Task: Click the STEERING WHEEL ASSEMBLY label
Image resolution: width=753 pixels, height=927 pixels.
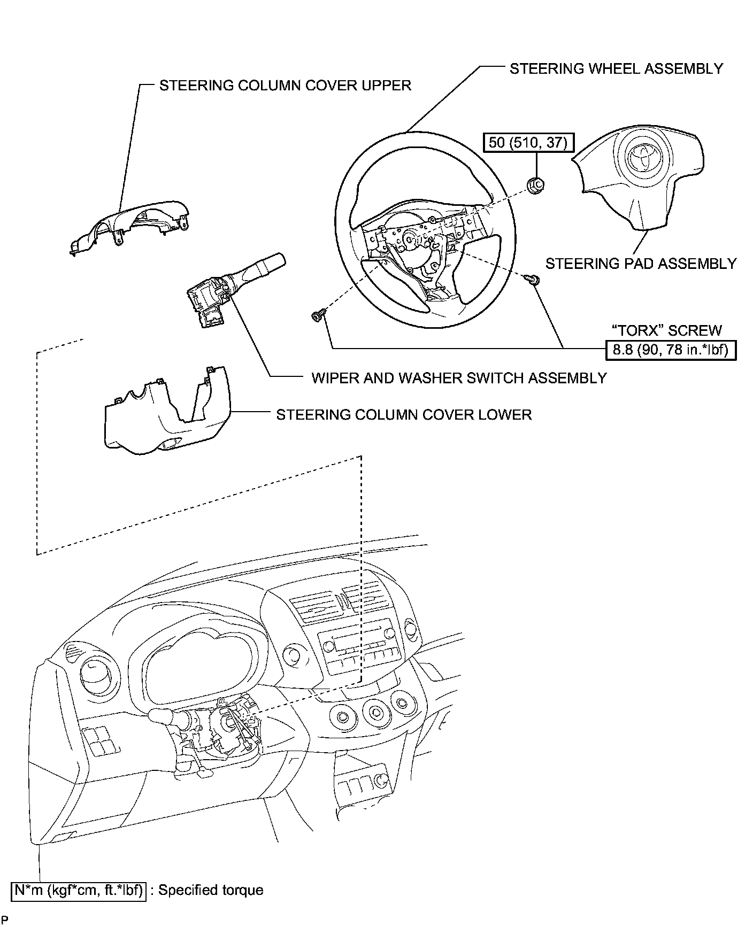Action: [x=616, y=68]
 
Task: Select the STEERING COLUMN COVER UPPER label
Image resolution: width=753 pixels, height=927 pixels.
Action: [x=285, y=86]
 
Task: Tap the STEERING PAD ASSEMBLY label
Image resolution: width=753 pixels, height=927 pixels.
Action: [x=641, y=263]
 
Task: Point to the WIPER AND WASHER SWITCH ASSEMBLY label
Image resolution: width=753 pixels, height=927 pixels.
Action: [x=459, y=378]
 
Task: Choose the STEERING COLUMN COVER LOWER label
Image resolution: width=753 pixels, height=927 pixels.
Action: [x=404, y=415]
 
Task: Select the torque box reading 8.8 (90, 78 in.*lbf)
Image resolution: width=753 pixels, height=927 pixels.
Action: [x=671, y=350]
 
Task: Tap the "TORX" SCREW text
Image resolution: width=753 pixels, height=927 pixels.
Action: [x=666, y=330]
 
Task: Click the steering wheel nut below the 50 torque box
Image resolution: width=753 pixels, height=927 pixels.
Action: [x=535, y=185]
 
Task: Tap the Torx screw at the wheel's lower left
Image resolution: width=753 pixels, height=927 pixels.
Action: [x=317, y=316]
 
